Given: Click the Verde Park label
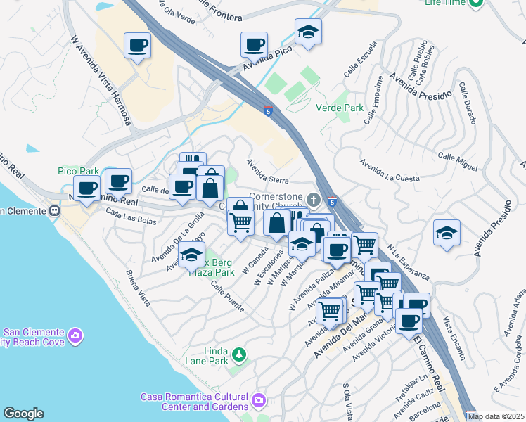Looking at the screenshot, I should click(x=340, y=108).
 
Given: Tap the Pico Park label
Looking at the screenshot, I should click(x=78, y=171).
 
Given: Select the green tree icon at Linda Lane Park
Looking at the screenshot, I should click(x=240, y=353).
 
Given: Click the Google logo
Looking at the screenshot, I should click(x=23, y=414).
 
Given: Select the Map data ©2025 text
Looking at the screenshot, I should click(x=496, y=416).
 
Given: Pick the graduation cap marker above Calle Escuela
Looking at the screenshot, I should click(x=307, y=32).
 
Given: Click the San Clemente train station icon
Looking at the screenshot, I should click(x=53, y=210).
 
